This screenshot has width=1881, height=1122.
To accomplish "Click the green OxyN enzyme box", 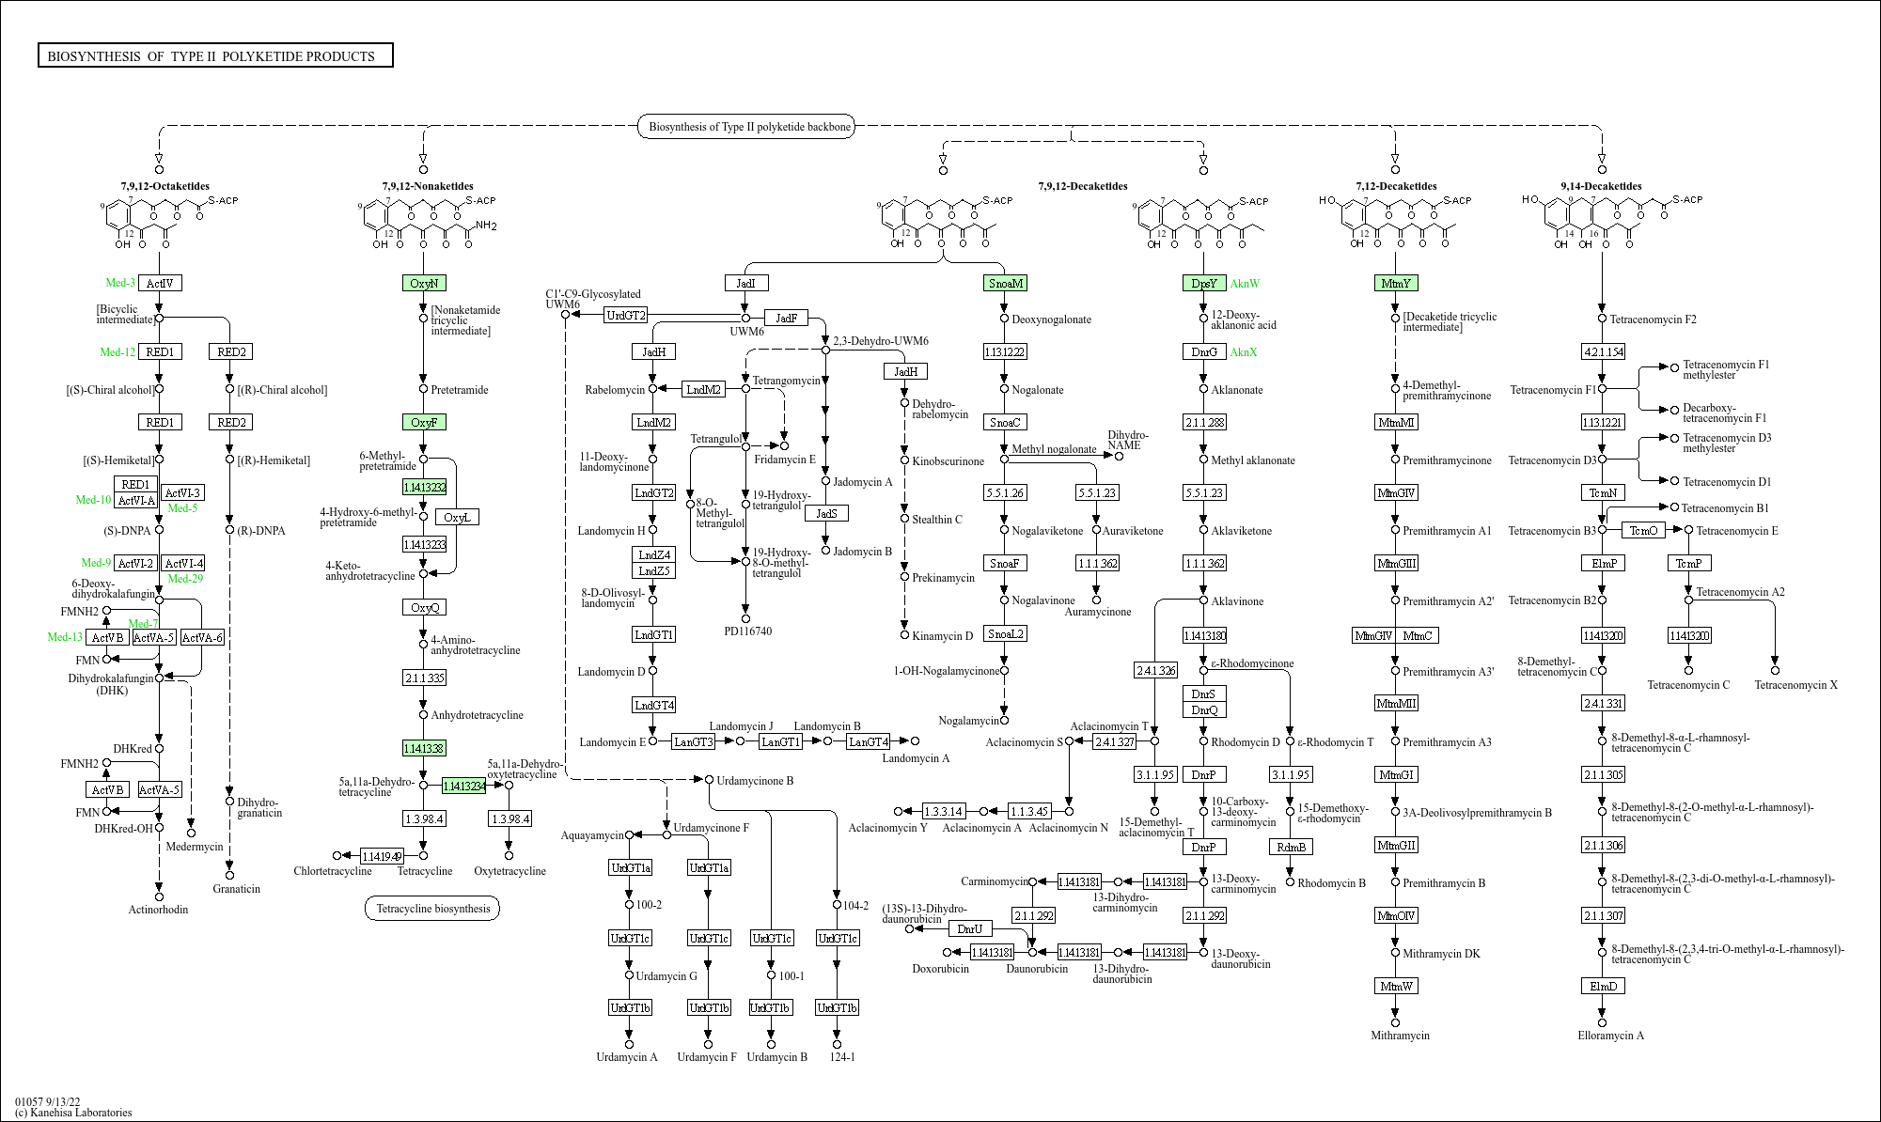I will (424, 283).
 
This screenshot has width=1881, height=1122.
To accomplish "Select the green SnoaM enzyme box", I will (1005, 283).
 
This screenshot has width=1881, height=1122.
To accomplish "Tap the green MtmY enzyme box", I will (1396, 283).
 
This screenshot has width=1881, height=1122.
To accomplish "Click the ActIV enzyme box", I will (160, 283).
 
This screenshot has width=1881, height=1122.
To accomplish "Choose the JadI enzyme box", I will (745, 283).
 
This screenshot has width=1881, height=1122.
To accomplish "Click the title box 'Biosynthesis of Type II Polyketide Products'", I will (214, 56).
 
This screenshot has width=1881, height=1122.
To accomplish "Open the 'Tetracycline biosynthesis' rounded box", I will (432, 909).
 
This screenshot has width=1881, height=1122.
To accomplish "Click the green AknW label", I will (1245, 283).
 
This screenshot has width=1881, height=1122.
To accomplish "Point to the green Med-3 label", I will (120, 283).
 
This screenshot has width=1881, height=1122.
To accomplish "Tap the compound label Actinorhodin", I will (158, 910).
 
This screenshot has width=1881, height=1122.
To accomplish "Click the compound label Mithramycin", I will (1400, 1036).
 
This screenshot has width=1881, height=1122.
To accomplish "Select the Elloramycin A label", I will (1610, 1036).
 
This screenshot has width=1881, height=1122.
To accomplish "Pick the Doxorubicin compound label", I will (940, 969).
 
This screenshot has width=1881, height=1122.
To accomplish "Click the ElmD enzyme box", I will (1603, 986).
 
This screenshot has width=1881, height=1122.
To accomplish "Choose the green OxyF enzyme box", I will (424, 422).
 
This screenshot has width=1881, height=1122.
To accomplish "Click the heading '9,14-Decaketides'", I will (1601, 186).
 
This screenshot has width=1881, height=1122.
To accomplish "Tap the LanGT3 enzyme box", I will (693, 741).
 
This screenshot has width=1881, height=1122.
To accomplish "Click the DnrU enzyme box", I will (969, 928).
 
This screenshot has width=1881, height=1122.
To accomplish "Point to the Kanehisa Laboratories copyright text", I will (73, 1113).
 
